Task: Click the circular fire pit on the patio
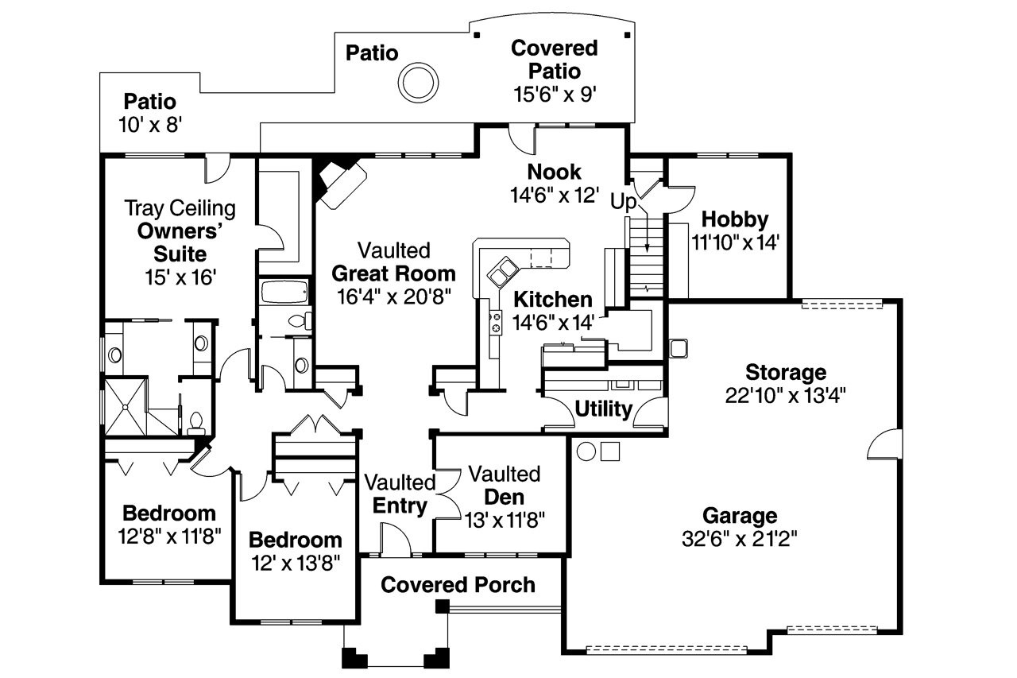coord(417,83)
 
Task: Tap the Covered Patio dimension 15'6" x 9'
coord(554,93)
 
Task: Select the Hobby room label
coord(735,219)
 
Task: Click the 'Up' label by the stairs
coord(624,202)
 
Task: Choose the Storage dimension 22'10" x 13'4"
coord(785,395)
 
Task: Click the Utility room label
coord(603,409)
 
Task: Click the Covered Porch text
coord(458,585)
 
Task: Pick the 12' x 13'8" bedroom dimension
coord(295,563)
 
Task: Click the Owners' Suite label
coord(172,242)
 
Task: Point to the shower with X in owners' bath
coord(126,406)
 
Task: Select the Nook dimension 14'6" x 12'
coord(554,195)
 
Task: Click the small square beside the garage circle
coord(610,451)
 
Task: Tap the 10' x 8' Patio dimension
coord(149,125)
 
